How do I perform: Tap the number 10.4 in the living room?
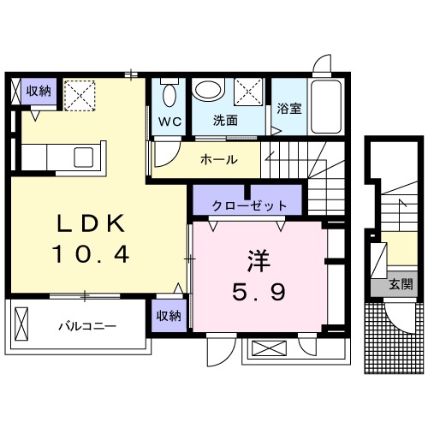pyautogui.click(x=92, y=254)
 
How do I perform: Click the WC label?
pyautogui.click(x=168, y=121)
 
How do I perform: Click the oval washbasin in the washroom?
pyautogui.click(x=208, y=91)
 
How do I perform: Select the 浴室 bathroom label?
pyautogui.click(x=289, y=109)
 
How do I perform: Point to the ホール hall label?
pyautogui.click(x=218, y=158)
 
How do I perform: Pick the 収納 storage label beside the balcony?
pyautogui.click(x=169, y=316)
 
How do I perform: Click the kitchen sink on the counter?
pyautogui.click(x=86, y=158)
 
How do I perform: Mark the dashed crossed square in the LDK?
pyautogui.click(x=82, y=94)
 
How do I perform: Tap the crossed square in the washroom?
pyautogui.click(x=250, y=92)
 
